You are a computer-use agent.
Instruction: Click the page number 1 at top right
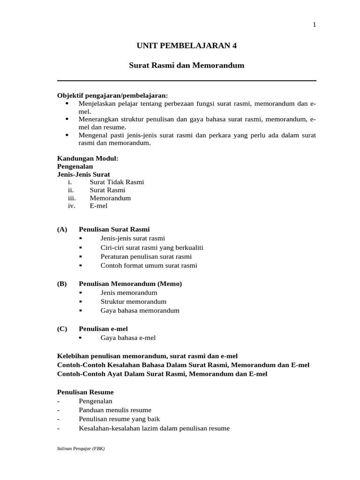point(315,25)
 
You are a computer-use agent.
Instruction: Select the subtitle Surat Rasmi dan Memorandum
point(187,66)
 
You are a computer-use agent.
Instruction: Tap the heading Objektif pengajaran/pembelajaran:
point(112,95)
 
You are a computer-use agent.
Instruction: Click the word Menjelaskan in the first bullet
point(96,103)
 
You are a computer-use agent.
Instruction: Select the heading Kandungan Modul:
point(88,158)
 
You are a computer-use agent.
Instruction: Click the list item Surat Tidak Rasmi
point(117,182)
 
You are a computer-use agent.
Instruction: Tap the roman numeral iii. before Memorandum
point(72,198)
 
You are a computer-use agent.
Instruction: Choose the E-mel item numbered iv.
point(98,206)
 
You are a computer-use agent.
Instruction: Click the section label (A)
point(62,229)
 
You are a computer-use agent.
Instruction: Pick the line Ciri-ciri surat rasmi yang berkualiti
point(151,247)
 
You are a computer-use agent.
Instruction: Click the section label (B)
point(62,284)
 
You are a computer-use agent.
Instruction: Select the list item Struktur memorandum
point(133,301)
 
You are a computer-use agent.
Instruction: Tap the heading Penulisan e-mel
point(103,329)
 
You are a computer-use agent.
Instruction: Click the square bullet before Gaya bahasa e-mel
point(81,337)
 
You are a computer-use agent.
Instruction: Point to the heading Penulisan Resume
point(85,392)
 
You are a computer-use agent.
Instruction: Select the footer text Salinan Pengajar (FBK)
point(81,449)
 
